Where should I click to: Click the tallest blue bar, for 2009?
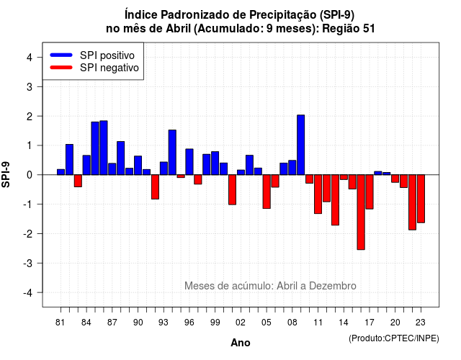301,145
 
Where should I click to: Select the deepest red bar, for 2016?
361,212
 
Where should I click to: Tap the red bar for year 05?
267,192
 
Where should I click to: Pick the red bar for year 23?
421,199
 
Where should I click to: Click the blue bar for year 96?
189,162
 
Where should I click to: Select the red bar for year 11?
318,194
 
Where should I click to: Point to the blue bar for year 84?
86,165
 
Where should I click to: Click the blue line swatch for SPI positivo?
61,55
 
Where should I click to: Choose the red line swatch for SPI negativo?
61,68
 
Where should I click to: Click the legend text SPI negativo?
109,68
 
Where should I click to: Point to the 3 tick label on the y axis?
30,86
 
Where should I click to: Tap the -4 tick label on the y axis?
28,293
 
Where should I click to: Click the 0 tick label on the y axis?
30,175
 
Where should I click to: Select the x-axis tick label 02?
241,323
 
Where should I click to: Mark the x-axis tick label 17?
370,323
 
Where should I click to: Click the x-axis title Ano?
241,343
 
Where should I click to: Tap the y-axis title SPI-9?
6,174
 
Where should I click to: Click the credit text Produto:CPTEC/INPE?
394,338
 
